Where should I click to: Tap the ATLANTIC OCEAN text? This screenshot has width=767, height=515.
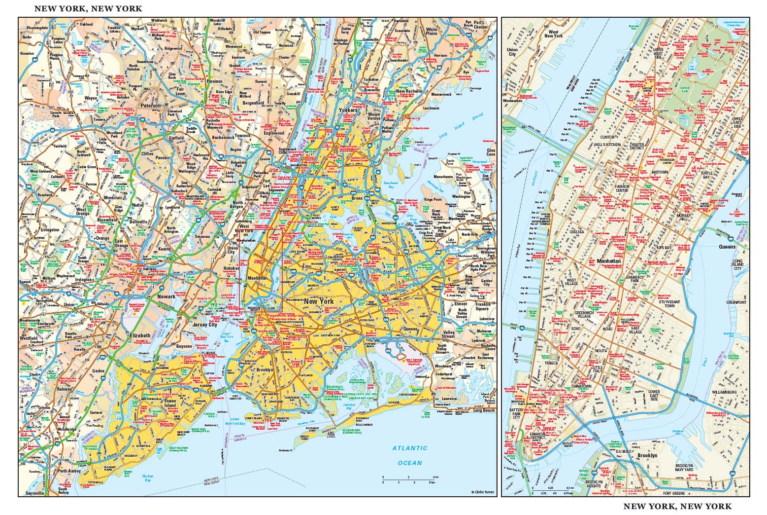coord(410,455)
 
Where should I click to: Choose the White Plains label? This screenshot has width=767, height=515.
coord(432,32)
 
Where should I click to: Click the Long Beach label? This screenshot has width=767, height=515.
coord(484,410)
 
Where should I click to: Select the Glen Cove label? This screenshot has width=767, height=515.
coord(491,152)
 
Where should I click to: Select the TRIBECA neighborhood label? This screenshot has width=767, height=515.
coord(551,363)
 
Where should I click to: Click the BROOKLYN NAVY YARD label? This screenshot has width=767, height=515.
coord(691,468)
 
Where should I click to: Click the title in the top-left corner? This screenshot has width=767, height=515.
coord(88,8)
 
